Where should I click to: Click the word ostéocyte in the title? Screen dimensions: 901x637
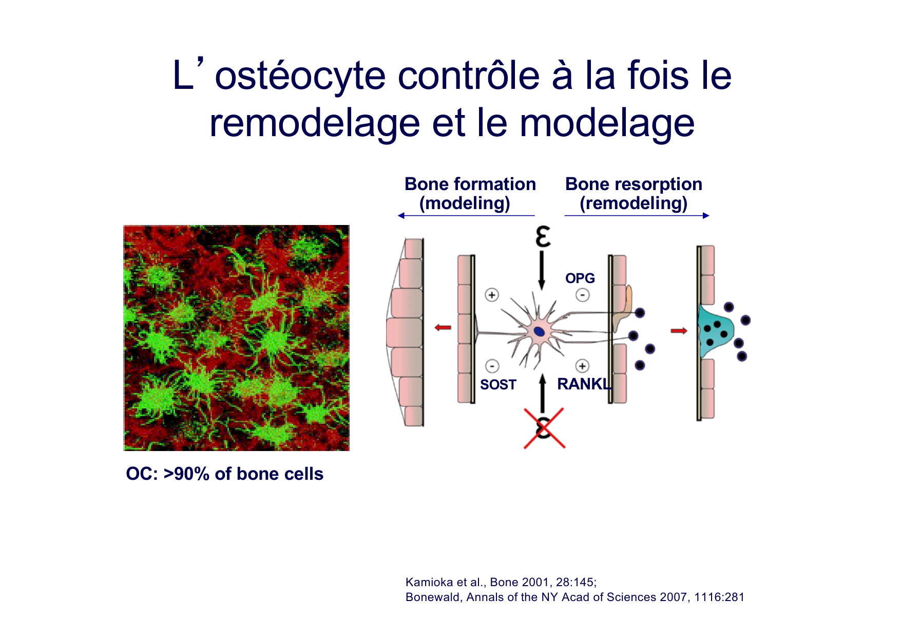click(x=300, y=76)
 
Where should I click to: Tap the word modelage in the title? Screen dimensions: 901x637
click(x=607, y=123)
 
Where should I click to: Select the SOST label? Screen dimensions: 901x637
click(x=498, y=385)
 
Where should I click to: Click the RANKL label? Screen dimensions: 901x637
click(x=584, y=384)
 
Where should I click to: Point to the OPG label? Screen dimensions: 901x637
click(x=580, y=278)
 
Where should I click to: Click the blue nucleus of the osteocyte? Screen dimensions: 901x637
click(x=539, y=331)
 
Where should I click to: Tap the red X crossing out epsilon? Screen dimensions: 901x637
click(x=544, y=428)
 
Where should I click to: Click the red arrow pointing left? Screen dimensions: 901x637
click(x=443, y=327)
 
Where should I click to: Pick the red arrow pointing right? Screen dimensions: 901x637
click(x=679, y=331)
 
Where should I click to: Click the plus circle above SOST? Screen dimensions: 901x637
click(x=492, y=295)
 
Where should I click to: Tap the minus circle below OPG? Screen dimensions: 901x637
click(x=582, y=295)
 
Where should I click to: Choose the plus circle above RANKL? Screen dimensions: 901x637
click(x=582, y=366)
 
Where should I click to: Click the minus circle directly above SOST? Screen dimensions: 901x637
click(x=492, y=366)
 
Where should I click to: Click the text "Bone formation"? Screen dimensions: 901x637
click(x=470, y=184)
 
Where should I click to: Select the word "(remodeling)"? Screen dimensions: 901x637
click(x=634, y=203)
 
